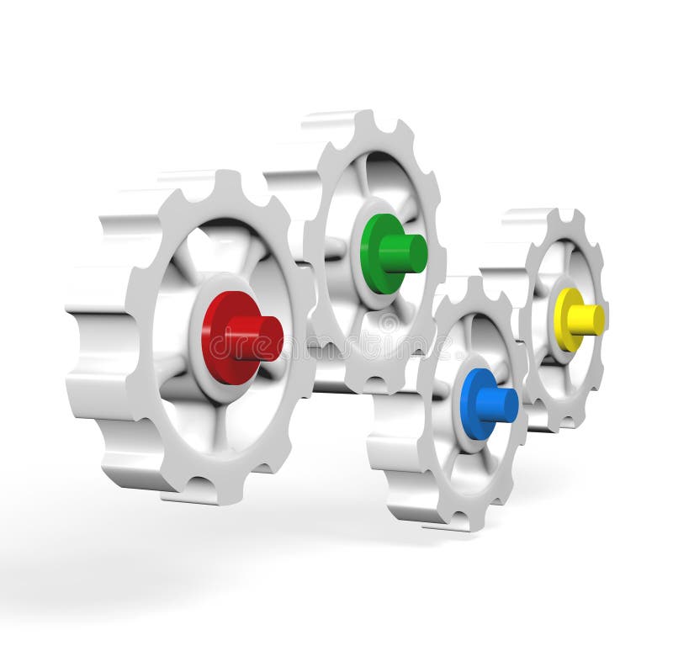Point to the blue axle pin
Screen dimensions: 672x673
pyautogui.click(x=498, y=405)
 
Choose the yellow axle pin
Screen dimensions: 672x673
pyautogui.click(x=586, y=319)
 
